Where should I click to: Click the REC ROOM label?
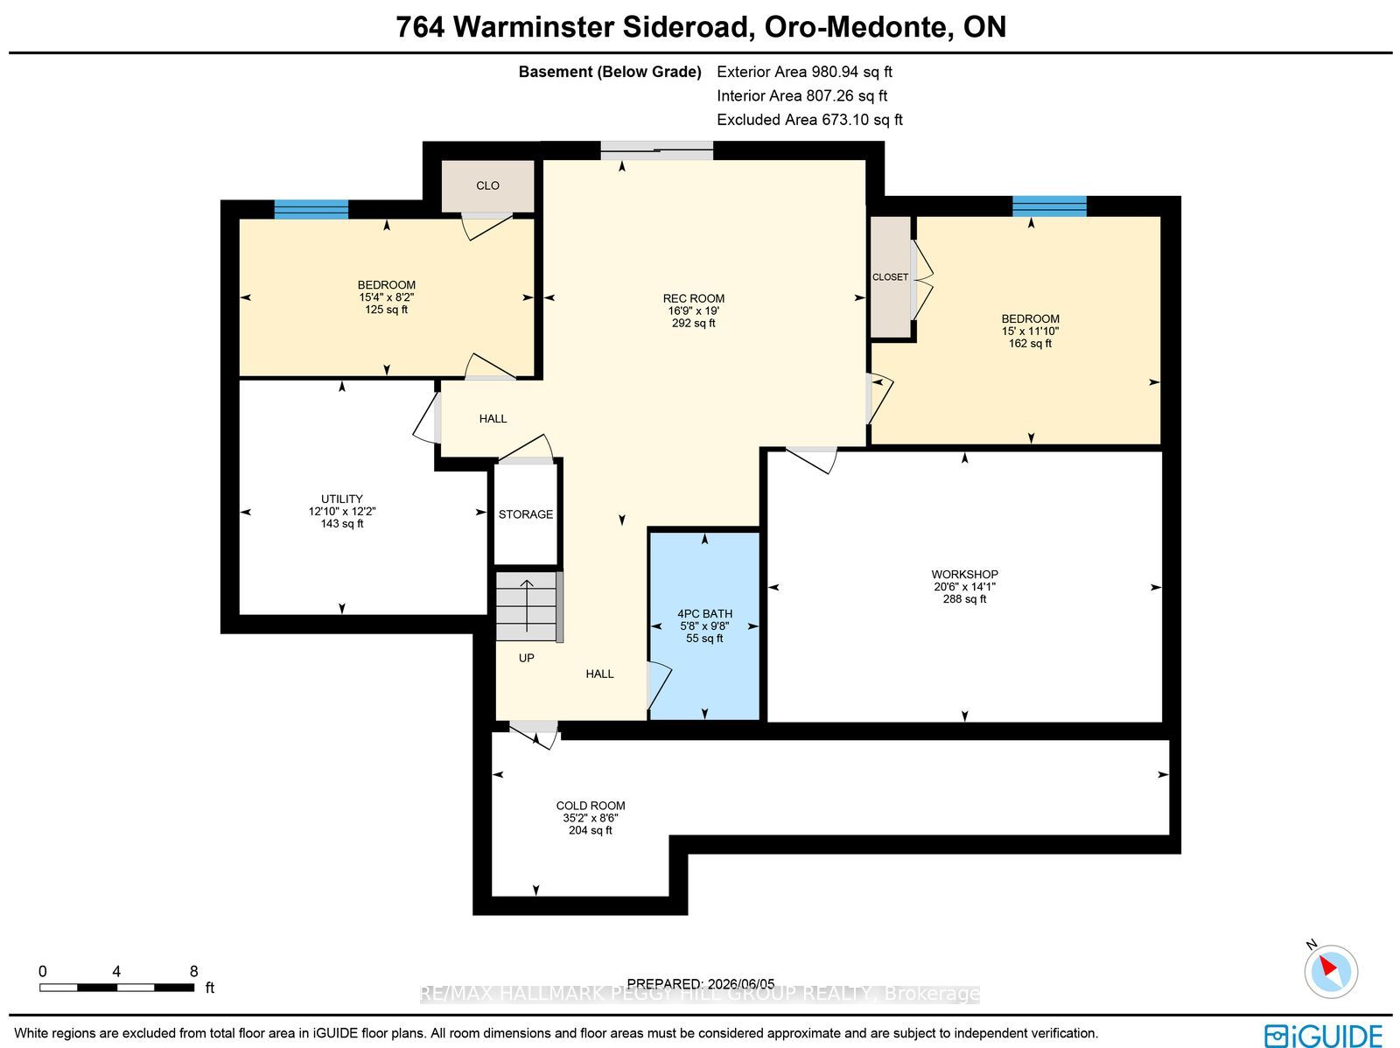click(x=693, y=298)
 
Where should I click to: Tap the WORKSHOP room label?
click(x=964, y=575)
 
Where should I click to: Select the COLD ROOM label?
click(x=590, y=806)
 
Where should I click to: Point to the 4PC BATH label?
click(x=704, y=614)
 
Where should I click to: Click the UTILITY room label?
click(x=342, y=500)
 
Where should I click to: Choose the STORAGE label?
click(x=526, y=514)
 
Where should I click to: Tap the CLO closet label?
click(x=487, y=185)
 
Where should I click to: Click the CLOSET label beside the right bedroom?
click(x=891, y=277)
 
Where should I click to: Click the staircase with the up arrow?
click(x=528, y=606)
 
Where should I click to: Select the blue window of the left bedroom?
click(x=311, y=209)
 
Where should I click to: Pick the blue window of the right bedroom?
click(x=1049, y=206)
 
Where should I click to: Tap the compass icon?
click(x=1331, y=972)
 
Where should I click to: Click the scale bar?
click(x=116, y=988)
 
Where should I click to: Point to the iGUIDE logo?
click(x=1324, y=1035)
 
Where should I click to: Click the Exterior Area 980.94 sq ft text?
click(x=804, y=72)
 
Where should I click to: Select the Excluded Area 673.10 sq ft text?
click(x=809, y=120)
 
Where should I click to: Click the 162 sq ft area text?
click(x=1030, y=344)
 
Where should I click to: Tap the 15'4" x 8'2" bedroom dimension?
click(x=387, y=297)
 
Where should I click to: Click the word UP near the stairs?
click(x=526, y=658)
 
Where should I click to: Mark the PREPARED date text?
click(x=701, y=984)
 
